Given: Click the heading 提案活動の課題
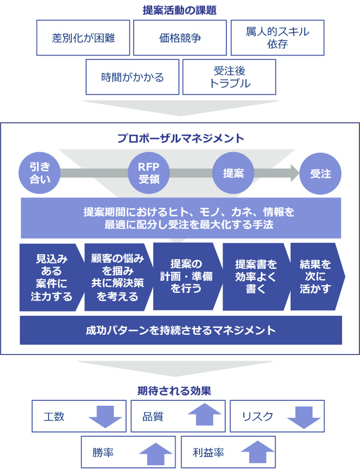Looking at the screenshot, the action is coord(179,10).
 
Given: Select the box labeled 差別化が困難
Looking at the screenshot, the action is coord(83,38).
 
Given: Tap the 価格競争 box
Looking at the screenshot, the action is coord(180,38).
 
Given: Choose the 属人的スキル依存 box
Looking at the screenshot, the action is coord(278,38).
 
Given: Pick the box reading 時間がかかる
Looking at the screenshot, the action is coord(132,77).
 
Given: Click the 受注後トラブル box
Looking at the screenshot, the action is coord(229,77).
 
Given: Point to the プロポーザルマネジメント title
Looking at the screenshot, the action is coord(181,139).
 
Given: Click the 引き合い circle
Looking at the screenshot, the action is coord(39,173).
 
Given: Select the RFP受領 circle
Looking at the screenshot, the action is coord(149,173).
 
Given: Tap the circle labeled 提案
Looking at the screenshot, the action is coord(233,173).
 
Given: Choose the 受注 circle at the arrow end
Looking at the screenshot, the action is coord(321,173).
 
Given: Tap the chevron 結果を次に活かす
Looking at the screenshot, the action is coord(318,276).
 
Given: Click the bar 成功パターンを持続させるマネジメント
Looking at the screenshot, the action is coord(181,330).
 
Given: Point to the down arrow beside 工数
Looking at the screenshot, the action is coord(105,416).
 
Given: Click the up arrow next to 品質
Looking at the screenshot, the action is coord(205,414).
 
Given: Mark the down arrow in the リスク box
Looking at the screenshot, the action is coord(304,417).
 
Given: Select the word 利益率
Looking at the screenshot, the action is coord(208,452).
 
